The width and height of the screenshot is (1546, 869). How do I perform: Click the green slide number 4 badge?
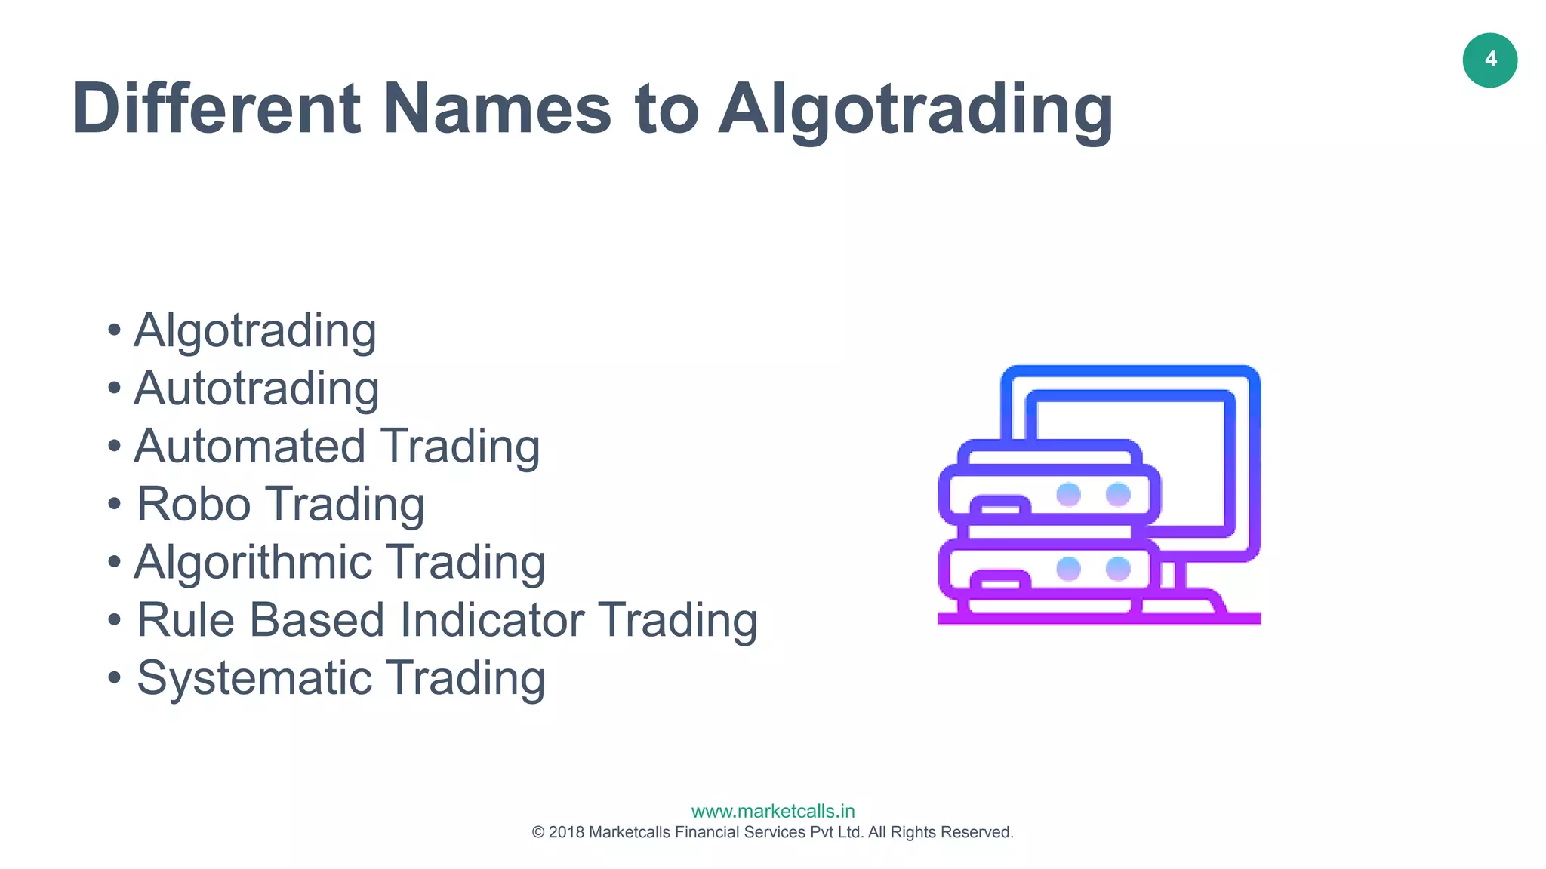(x=1489, y=60)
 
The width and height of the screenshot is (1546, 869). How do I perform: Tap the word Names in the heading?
(x=497, y=109)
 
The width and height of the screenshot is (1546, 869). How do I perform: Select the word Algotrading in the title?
(x=915, y=110)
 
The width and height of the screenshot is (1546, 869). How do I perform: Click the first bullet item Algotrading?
(x=255, y=331)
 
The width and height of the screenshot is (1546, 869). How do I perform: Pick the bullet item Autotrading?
(x=256, y=388)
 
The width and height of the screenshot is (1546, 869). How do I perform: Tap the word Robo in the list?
(x=193, y=504)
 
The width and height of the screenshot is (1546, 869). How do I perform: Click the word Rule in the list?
(x=186, y=620)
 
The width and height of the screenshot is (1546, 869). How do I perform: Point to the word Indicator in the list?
(x=492, y=620)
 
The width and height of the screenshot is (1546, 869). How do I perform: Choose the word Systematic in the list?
(x=254, y=678)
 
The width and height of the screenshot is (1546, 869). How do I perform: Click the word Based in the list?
(x=318, y=620)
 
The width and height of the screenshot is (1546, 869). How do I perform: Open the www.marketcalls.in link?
(x=773, y=811)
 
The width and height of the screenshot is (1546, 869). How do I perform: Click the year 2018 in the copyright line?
(x=566, y=832)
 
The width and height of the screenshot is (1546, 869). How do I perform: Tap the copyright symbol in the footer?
(x=538, y=832)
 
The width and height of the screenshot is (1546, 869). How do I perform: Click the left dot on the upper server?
(x=1068, y=495)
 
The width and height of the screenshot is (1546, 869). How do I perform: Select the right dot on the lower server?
(x=1118, y=569)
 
